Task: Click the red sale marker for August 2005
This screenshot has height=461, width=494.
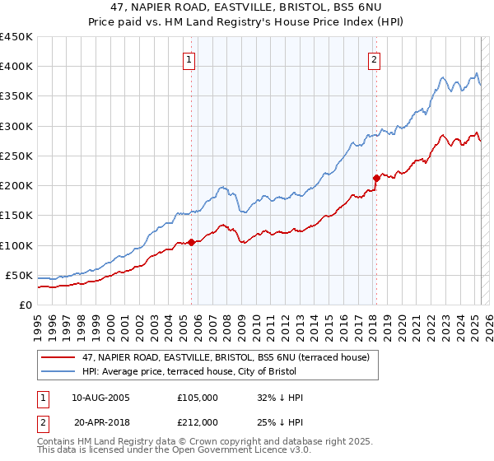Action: coord(191,242)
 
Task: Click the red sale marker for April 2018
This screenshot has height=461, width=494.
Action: coord(376,178)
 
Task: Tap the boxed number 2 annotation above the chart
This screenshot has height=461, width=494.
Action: coord(375,59)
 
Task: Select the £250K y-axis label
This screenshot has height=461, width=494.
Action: coord(16,156)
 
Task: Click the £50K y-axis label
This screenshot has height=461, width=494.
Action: coord(19,275)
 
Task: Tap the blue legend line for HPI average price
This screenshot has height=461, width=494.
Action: coord(58,371)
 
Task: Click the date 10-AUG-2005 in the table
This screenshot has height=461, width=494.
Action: coord(101,398)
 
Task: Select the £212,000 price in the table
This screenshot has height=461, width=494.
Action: coord(198,421)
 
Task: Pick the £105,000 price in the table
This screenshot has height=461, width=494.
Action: coord(198,398)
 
